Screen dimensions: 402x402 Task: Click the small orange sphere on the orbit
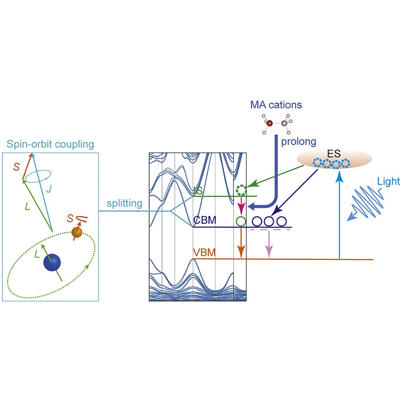click(76, 232)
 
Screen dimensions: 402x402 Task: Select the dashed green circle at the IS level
click(241, 189)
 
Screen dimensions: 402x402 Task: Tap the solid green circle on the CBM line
click(241, 221)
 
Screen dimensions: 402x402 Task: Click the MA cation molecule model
click(276, 124)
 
